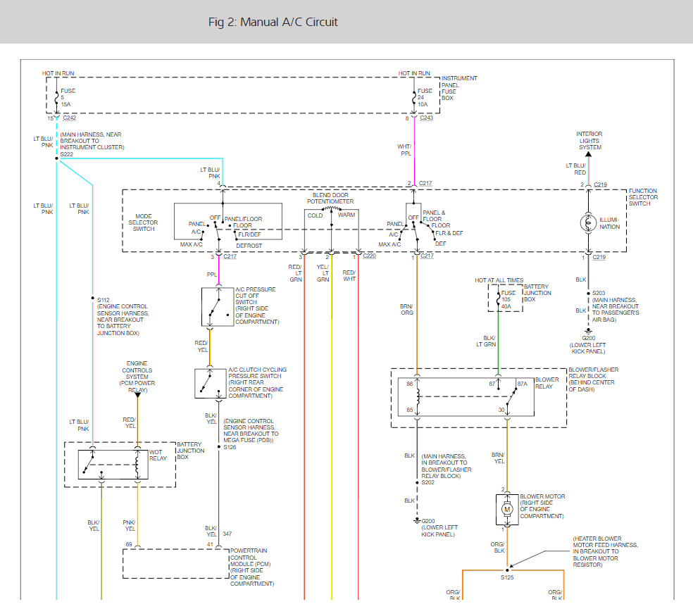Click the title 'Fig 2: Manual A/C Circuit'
[273, 22]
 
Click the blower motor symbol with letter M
[506, 508]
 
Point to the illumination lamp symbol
[588, 223]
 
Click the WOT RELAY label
[158, 455]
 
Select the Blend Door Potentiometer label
[330, 198]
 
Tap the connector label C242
[70, 118]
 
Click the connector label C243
[427, 118]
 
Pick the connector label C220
[370, 256]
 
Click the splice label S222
[67, 153]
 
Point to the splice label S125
[507, 577]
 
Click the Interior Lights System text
[589, 140]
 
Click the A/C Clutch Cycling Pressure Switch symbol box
[209, 383]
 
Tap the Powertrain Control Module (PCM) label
[252, 567]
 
